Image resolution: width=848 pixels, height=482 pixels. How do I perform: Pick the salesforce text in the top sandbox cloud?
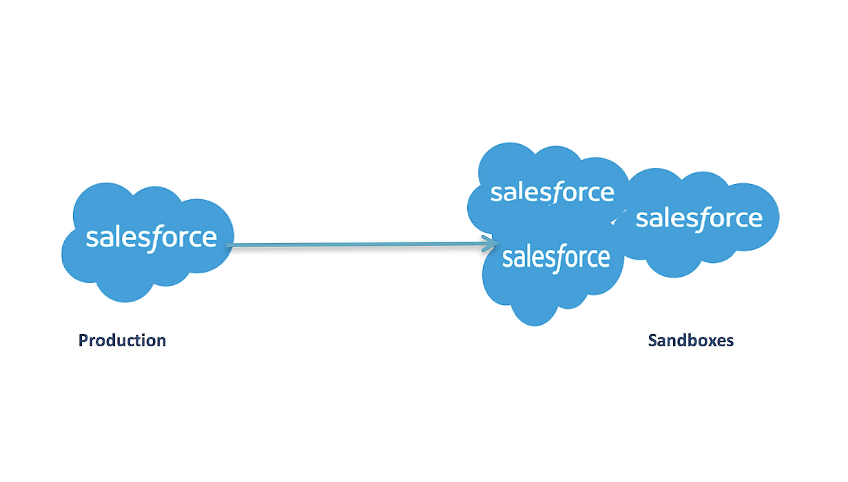(552, 192)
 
